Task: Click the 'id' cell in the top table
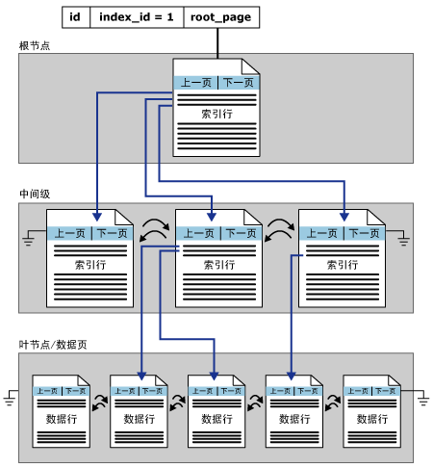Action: [x=76, y=17]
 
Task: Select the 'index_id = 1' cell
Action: [x=137, y=17]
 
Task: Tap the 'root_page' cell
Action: [x=221, y=17]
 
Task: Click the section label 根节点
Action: [x=35, y=45]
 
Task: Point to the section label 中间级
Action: [x=35, y=194]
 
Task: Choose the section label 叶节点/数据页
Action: [x=53, y=345]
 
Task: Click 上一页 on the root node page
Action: [x=196, y=83]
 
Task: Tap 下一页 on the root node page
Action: [x=239, y=83]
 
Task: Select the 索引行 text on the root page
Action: [x=216, y=114]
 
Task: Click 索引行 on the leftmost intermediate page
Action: [x=90, y=265]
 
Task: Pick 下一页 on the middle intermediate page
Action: [x=241, y=233]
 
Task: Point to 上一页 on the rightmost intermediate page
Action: [x=322, y=233]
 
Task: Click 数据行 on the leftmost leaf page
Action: [x=62, y=419]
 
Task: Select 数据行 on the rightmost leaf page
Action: [x=372, y=419]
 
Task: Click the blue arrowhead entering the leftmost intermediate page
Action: [x=97, y=217]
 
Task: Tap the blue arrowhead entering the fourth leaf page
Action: [x=292, y=376]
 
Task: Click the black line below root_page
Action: [x=217, y=43]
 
